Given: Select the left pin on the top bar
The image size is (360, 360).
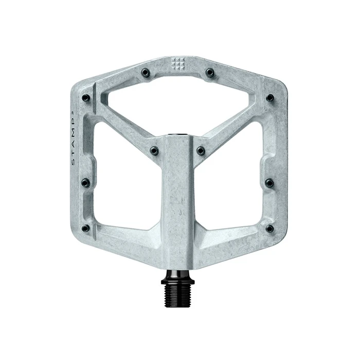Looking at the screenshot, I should (x=147, y=72).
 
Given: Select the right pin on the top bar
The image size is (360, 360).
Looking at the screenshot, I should (x=209, y=72).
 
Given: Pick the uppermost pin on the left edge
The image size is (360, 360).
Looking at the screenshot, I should (x=86, y=98).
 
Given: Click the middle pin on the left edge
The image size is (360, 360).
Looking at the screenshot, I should (x=86, y=183).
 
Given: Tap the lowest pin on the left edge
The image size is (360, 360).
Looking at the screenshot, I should (x=86, y=227).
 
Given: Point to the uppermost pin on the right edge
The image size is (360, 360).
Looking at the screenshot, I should (x=269, y=98).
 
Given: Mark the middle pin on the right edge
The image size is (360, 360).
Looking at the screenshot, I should (x=269, y=182).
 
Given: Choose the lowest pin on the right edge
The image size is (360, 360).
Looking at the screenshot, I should (x=269, y=227).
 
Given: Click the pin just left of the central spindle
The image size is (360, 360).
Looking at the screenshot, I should (x=154, y=150).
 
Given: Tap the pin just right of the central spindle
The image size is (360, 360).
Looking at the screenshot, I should (x=201, y=150).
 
